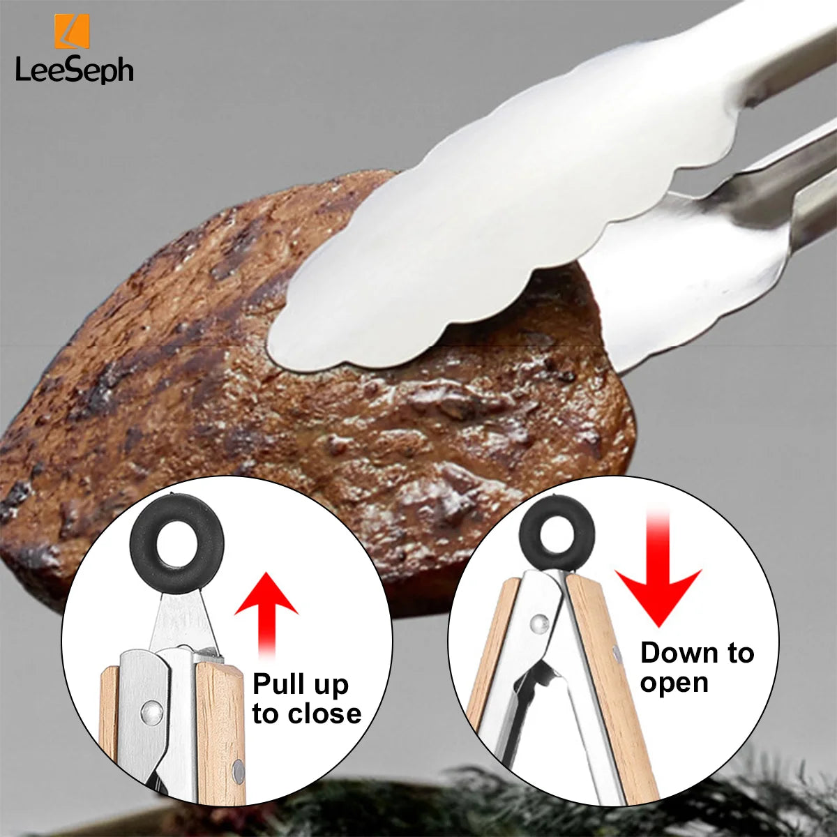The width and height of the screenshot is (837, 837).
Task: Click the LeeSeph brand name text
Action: tap(74, 70)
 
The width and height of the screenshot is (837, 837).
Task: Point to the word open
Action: tap(674, 683)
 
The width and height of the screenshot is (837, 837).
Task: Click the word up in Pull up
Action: tap(331, 685)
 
